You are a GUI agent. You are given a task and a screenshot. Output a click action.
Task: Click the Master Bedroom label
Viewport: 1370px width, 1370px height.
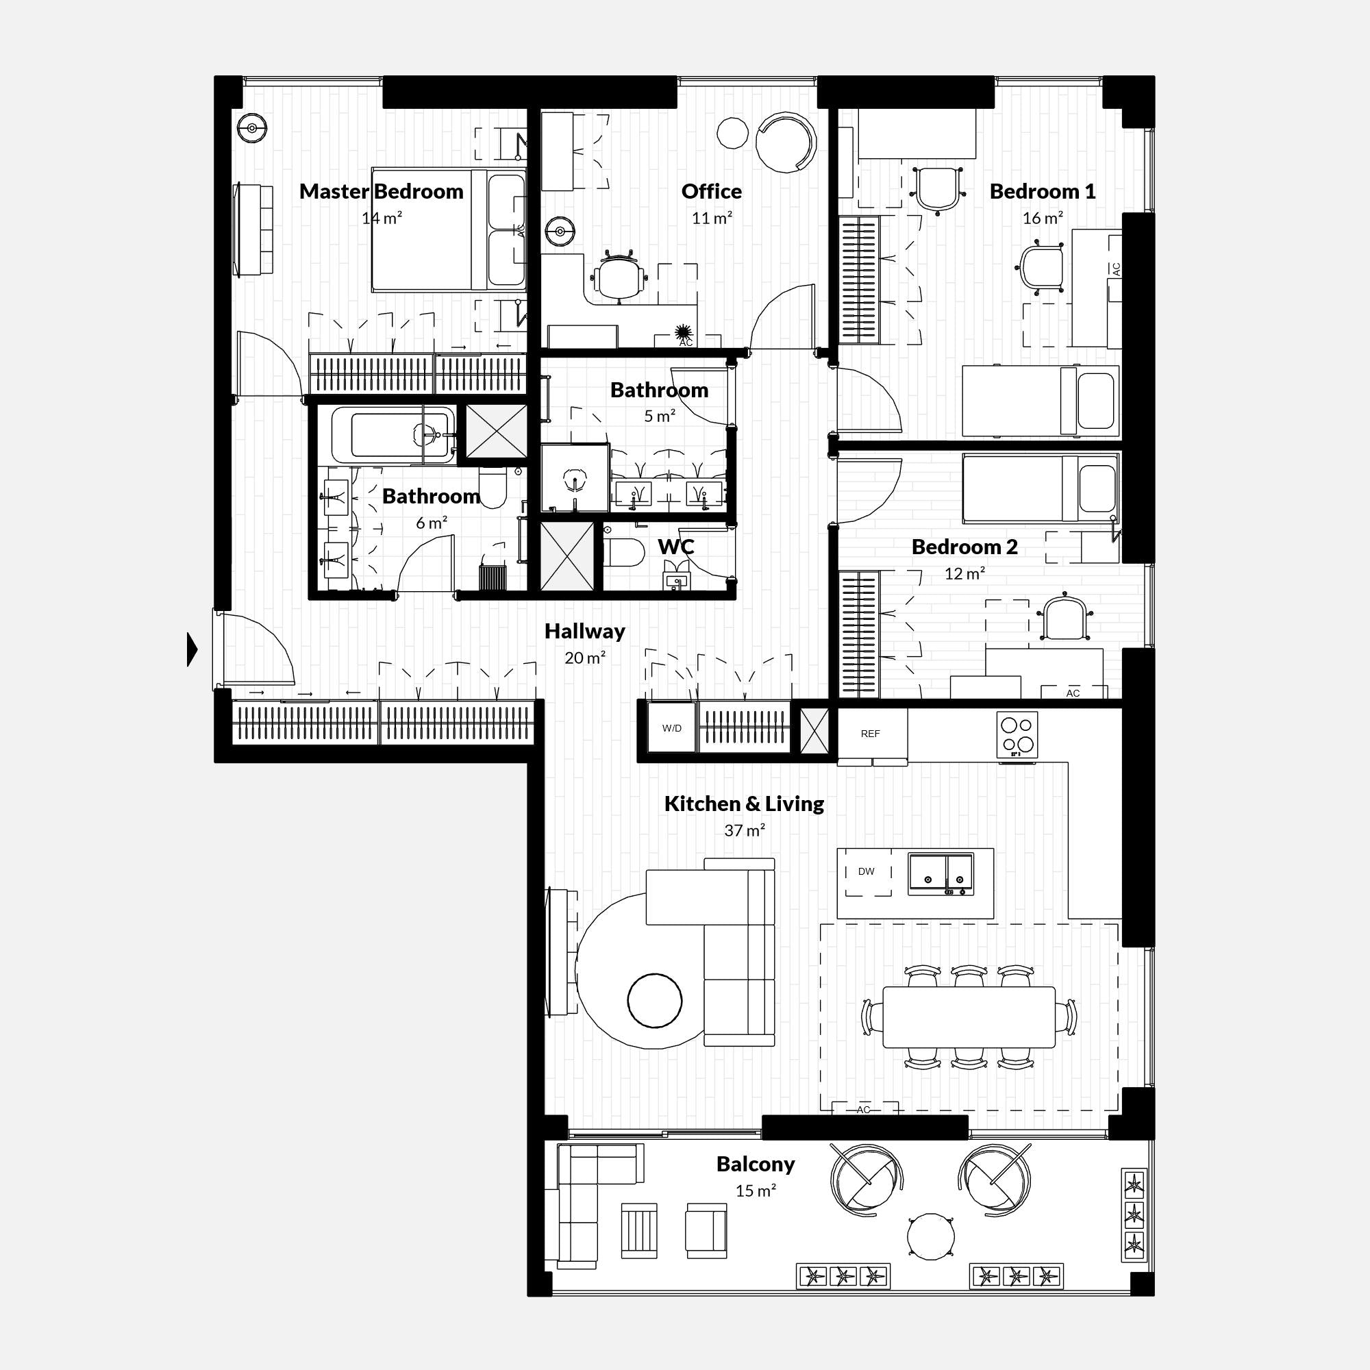(381, 192)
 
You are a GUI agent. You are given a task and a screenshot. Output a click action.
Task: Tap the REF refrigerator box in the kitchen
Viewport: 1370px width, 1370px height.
(870, 734)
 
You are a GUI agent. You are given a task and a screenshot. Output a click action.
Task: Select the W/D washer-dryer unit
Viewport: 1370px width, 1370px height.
(671, 728)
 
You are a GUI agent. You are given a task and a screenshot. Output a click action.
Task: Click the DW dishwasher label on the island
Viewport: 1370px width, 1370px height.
(866, 871)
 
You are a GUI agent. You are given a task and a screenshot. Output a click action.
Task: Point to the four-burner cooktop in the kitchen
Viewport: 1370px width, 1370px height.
(1017, 734)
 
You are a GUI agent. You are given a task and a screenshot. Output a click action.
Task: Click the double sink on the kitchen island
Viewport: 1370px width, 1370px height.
(941, 873)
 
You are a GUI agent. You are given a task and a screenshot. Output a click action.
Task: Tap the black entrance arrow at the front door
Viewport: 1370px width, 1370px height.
(192, 649)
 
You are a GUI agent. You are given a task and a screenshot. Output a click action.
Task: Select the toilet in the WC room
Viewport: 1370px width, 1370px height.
(625, 552)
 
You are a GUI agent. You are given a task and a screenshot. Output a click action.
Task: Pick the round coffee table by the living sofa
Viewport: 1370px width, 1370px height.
(654, 1001)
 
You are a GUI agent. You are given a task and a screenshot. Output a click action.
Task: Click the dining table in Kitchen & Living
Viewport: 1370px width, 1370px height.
(969, 1017)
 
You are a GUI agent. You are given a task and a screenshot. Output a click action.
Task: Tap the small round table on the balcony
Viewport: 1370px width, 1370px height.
(930, 1236)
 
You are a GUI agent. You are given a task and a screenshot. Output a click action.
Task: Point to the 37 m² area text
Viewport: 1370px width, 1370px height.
(744, 830)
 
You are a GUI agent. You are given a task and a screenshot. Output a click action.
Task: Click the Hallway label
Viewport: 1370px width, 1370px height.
(584, 631)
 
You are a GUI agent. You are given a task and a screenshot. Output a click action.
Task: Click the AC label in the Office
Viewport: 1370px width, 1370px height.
(686, 342)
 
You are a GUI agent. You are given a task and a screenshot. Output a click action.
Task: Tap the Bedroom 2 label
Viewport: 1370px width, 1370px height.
(964, 547)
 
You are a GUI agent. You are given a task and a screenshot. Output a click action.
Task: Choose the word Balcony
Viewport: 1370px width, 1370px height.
(755, 1164)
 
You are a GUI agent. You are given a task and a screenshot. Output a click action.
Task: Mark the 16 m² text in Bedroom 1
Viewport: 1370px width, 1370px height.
(1042, 219)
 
